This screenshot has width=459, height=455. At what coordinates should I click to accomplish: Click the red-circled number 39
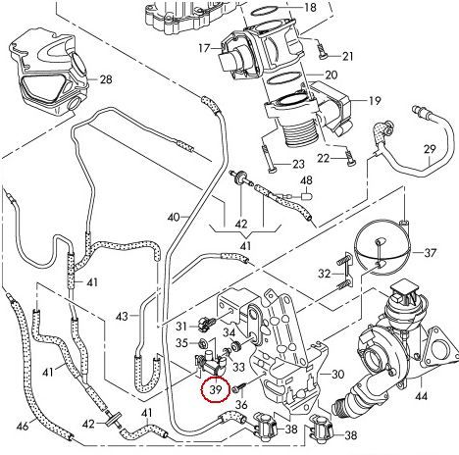(x=213, y=388)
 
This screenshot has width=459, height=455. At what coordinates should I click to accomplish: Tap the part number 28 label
(x=107, y=78)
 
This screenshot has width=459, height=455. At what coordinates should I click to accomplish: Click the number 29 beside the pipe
(x=430, y=148)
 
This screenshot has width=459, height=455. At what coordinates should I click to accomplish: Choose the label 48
(x=306, y=181)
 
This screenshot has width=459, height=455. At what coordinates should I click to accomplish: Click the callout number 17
(x=205, y=47)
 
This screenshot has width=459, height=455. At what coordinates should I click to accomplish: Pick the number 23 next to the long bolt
(x=298, y=163)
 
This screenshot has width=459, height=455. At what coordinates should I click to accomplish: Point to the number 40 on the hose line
(x=174, y=216)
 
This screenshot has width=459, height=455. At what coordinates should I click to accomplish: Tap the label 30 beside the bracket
(x=338, y=374)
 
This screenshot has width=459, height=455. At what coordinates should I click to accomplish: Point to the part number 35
(x=183, y=343)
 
